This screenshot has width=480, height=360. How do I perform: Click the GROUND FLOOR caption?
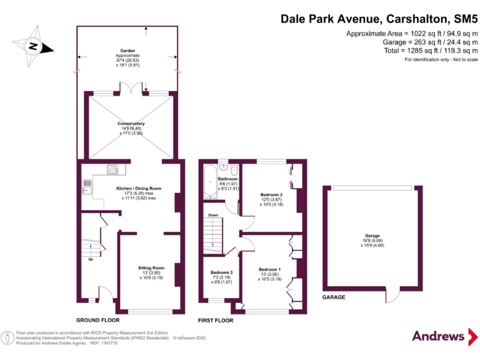pos(97,319)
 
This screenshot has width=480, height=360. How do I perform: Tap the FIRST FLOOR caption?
pos(216,320)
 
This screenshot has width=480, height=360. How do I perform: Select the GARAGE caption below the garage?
pos(334,297)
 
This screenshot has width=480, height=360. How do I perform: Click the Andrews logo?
pos(439,336)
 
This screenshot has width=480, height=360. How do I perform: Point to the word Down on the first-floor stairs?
pos(213,216)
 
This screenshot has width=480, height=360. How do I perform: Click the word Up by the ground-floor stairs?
pos(91,259)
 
